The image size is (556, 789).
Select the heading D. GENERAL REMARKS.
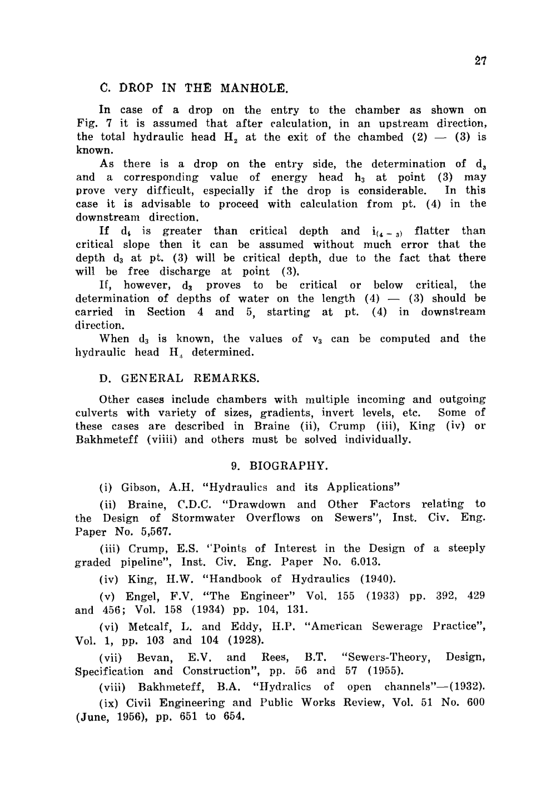click(178, 378)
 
